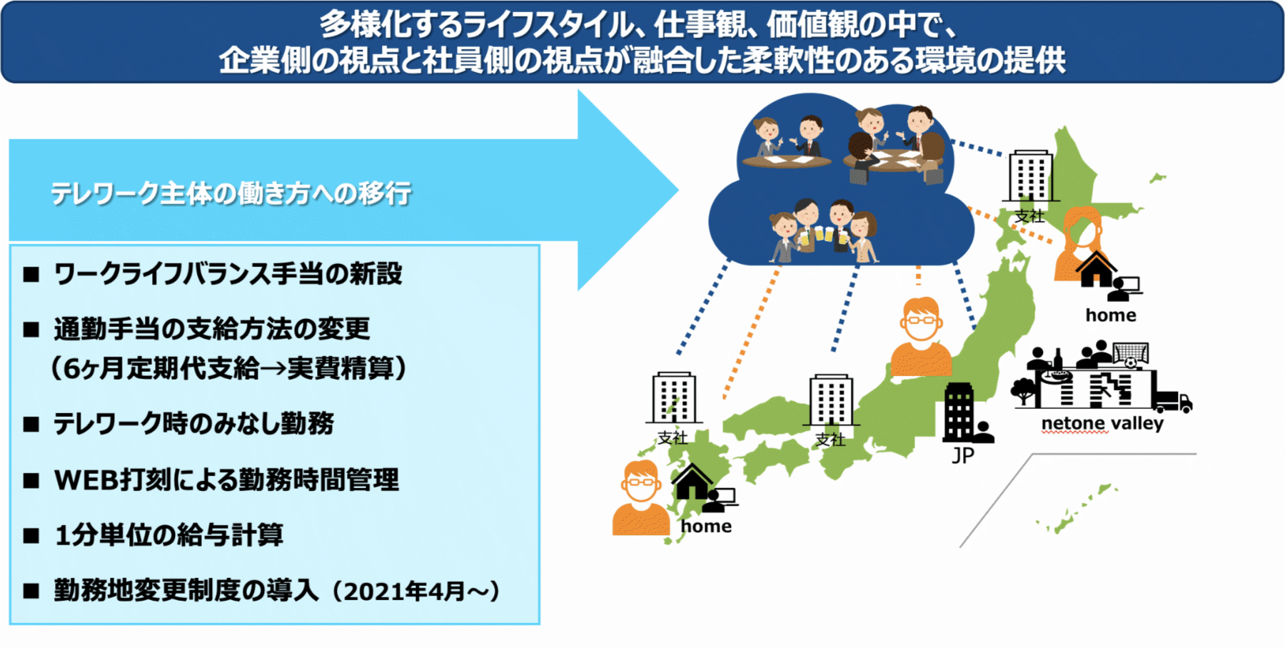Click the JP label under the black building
pos(962,455)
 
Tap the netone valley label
pos(1102,423)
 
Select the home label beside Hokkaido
pos(1111,315)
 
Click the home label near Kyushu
pos(706,526)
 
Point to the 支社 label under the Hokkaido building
pos(1029,216)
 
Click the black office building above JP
pos(959,412)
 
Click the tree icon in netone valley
pos(1024,390)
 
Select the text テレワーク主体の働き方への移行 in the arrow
pos(231,193)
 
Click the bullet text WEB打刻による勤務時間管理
pos(226,480)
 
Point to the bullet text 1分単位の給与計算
pos(169,535)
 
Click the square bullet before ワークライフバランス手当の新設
pos(31,274)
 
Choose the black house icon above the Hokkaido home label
pos(1096,269)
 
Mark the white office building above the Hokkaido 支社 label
pos(1030,176)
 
